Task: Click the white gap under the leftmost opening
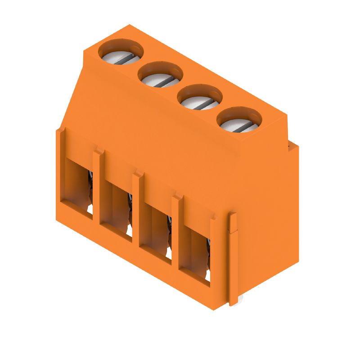(x=90, y=209)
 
